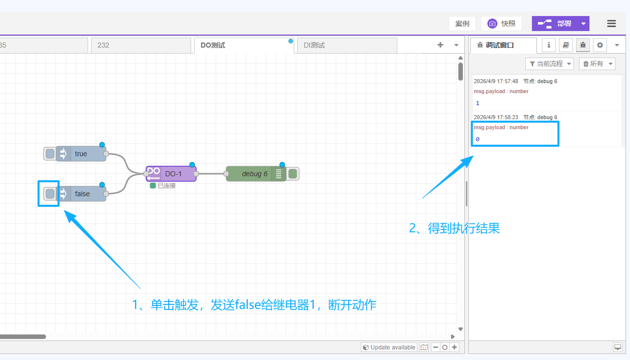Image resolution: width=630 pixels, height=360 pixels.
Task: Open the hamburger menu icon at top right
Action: (x=611, y=24)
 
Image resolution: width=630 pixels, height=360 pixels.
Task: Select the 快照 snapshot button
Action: (x=501, y=24)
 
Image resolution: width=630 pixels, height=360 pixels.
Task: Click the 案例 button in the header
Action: (x=462, y=24)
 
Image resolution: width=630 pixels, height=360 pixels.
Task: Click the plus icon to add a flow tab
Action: (x=440, y=45)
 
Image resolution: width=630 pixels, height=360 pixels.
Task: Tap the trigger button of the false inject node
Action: (x=50, y=194)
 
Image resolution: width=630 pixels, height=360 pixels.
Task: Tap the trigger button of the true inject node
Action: (x=50, y=154)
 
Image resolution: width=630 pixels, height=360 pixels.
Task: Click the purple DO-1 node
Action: (x=172, y=174)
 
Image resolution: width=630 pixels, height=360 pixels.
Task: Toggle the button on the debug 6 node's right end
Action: (x=293, y=174)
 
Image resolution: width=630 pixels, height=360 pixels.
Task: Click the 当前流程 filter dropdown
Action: (x=549, y=64)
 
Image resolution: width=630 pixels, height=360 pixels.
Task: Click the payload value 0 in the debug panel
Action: (x=477, y=139)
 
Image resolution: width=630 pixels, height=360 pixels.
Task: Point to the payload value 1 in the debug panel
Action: (x=477, y=103)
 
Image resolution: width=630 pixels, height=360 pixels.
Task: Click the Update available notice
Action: (x=389, y=347)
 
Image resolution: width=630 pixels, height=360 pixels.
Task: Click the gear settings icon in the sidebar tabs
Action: (x=599, y=45)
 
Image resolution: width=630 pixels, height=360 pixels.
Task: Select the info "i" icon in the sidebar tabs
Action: (x=549, y=45)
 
